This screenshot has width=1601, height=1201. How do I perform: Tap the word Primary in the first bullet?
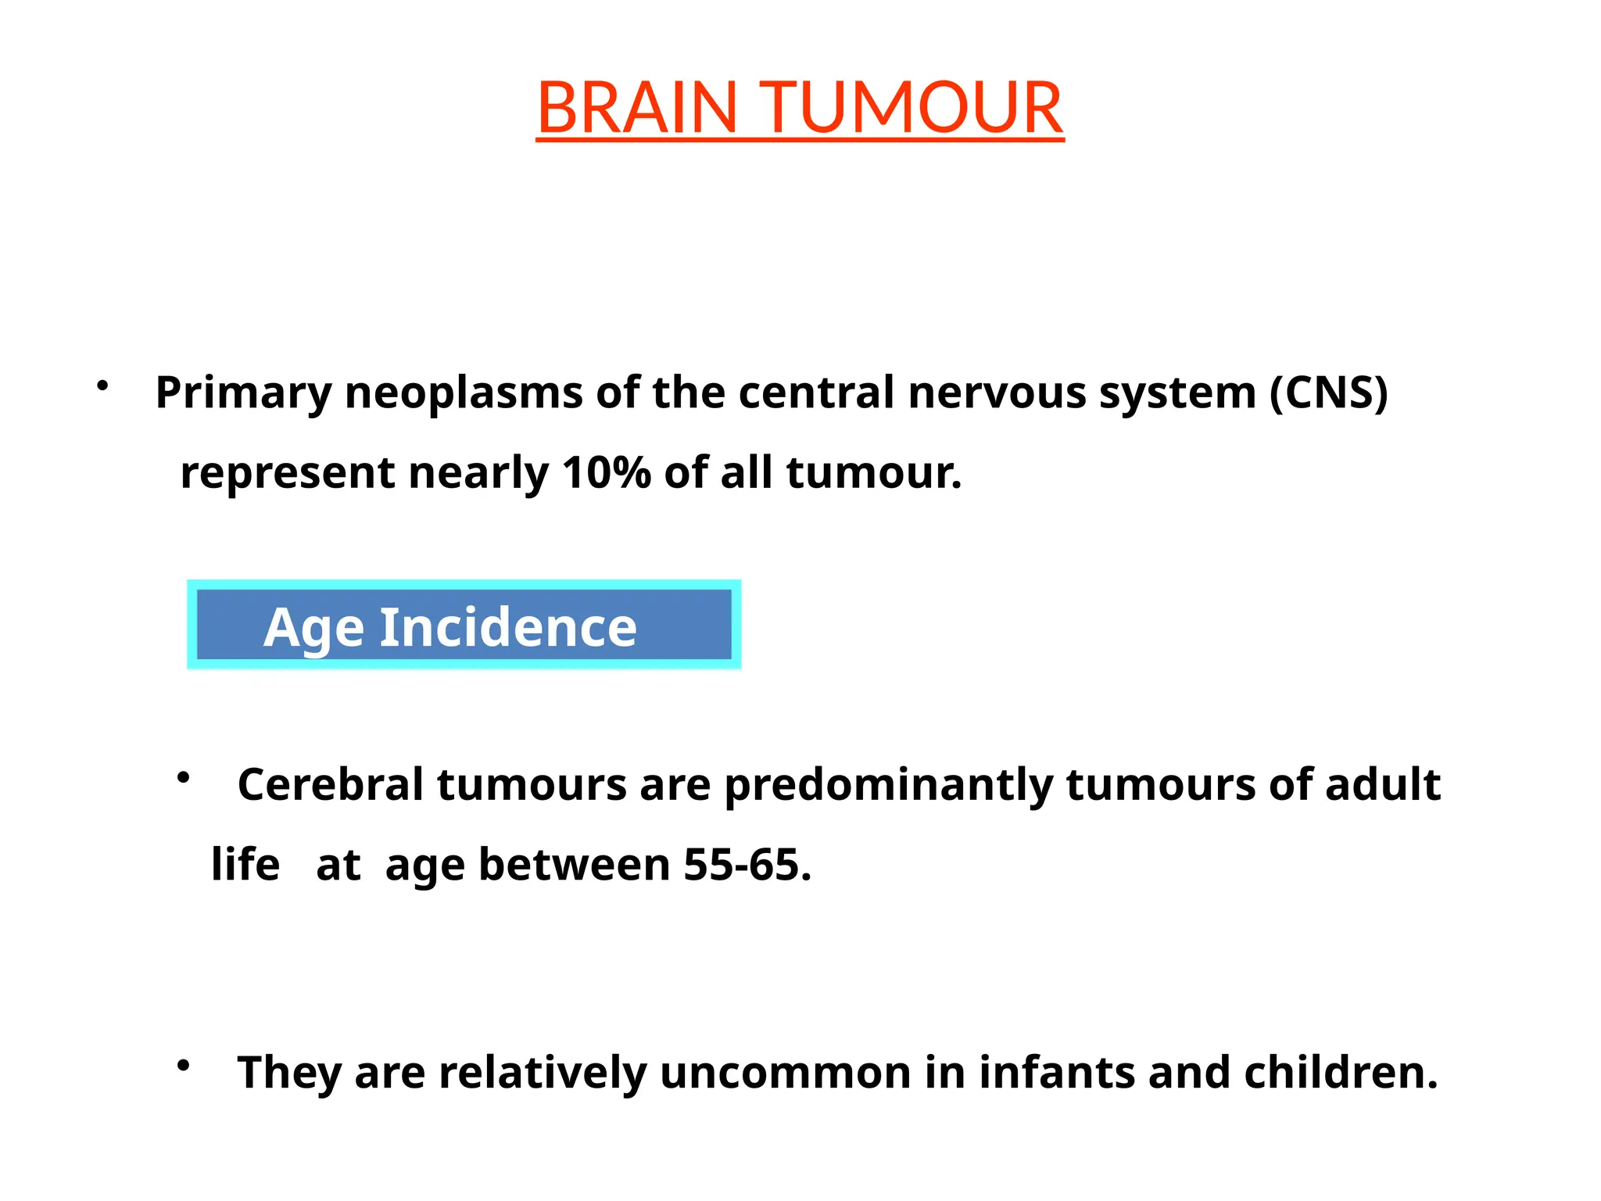point(243,393)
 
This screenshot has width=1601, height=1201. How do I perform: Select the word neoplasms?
point(464,393)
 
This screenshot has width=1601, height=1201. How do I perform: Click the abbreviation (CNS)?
point(1328,393)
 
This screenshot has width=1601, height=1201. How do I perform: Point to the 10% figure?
point(606,473)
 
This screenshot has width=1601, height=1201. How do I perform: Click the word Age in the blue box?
point(313,628)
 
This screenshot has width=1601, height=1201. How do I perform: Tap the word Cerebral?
point(331,784)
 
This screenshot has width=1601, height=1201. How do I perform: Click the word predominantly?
point(888,786)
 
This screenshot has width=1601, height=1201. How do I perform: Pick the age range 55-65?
point(747,865)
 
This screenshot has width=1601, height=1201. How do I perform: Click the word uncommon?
point(785,1072)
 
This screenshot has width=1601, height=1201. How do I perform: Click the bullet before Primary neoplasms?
point(102,385)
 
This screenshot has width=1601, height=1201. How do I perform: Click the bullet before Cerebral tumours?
point(184,777)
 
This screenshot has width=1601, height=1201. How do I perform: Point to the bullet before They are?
point(184,1065)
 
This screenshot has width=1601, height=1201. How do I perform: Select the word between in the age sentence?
point(574,865)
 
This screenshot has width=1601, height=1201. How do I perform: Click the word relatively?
point(542,1072)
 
